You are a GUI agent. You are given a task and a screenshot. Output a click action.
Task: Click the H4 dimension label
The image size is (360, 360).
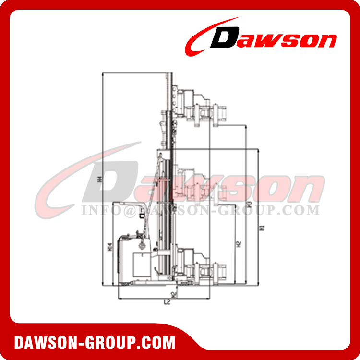coord(99,179)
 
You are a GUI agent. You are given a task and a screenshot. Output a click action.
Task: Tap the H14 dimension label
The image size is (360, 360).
coord(110,248)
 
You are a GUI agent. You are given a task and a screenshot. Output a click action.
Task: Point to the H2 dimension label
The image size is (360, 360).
coord(239,244)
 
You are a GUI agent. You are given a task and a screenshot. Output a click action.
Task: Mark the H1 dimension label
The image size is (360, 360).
coord(261,228)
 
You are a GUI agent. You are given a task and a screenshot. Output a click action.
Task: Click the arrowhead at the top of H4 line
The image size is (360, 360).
coord(103,74)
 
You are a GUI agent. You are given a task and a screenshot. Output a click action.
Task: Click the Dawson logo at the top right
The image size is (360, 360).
coord(262,37)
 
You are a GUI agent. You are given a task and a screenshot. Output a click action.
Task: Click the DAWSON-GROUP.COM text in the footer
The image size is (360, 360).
coord(95,343)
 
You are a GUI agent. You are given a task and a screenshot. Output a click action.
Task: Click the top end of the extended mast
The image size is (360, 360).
coord(171,74)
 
